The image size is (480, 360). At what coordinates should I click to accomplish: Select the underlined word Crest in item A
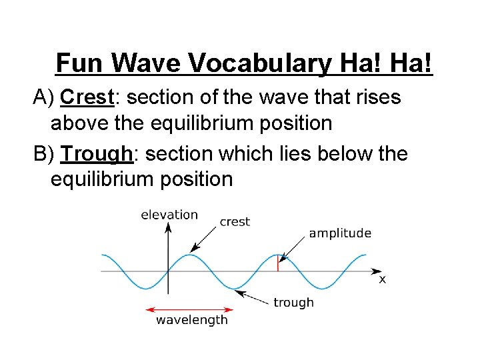coord(87,97)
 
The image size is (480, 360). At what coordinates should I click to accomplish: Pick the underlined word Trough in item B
coord(97,154)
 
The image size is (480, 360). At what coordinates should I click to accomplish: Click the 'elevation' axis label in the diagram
coord(169,215)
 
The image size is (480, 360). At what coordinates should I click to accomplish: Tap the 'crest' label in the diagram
coord(235,222)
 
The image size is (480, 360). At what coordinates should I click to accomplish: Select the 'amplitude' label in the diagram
coord(340,233)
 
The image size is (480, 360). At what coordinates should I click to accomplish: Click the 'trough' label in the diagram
coord(293,303)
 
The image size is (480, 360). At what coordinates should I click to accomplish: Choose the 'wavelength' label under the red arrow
coord(192,320)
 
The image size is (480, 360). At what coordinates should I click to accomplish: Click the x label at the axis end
coord(382,279)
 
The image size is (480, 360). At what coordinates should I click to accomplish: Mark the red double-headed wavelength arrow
coord(189,309)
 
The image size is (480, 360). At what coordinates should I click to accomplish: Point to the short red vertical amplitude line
coord(278,263)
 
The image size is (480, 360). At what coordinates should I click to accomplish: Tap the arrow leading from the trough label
coord(253,295)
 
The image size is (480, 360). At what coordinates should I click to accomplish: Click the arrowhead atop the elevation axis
coord(168,227)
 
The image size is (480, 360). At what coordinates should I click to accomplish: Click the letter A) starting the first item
coord(45,97)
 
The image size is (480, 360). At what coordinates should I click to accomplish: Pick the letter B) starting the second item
coord(45,154)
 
